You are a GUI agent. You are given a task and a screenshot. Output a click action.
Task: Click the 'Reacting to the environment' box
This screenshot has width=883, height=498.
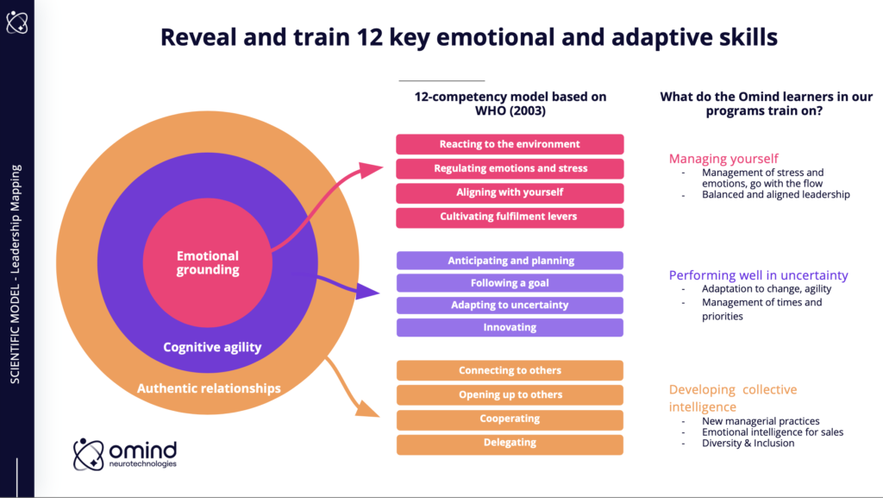(510, 144)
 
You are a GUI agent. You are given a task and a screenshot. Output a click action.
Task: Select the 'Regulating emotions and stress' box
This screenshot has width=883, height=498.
(510, 168)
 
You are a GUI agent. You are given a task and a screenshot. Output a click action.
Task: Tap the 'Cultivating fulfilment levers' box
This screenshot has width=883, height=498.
(510, 217)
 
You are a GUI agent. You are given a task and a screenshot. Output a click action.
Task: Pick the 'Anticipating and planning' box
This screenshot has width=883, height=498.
(510, 261)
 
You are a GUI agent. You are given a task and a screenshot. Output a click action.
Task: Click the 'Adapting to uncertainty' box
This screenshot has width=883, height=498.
(510, 306)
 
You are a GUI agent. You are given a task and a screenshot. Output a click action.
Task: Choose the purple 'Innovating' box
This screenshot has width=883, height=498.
(510, 328)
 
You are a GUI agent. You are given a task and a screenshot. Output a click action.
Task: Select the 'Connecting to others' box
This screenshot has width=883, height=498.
(510, 371)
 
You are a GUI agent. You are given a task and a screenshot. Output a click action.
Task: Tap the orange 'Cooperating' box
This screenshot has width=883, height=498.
(510, 419)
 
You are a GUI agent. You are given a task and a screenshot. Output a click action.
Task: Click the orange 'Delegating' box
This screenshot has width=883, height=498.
(510, 444)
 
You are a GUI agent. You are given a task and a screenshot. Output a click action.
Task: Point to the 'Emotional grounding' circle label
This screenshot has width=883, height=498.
(208, 263)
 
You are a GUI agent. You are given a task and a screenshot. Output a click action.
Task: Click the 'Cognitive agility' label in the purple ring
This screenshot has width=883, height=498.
(212, 348)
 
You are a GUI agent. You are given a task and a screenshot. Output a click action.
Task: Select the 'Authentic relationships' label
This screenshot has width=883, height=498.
(209, 388)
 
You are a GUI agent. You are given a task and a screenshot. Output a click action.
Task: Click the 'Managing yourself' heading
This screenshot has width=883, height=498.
(723, 159)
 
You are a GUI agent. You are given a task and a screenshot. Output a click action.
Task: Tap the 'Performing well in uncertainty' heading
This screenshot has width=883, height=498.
(758, 276)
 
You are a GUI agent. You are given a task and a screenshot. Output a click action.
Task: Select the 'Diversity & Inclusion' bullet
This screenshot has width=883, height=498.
(748, 444)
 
